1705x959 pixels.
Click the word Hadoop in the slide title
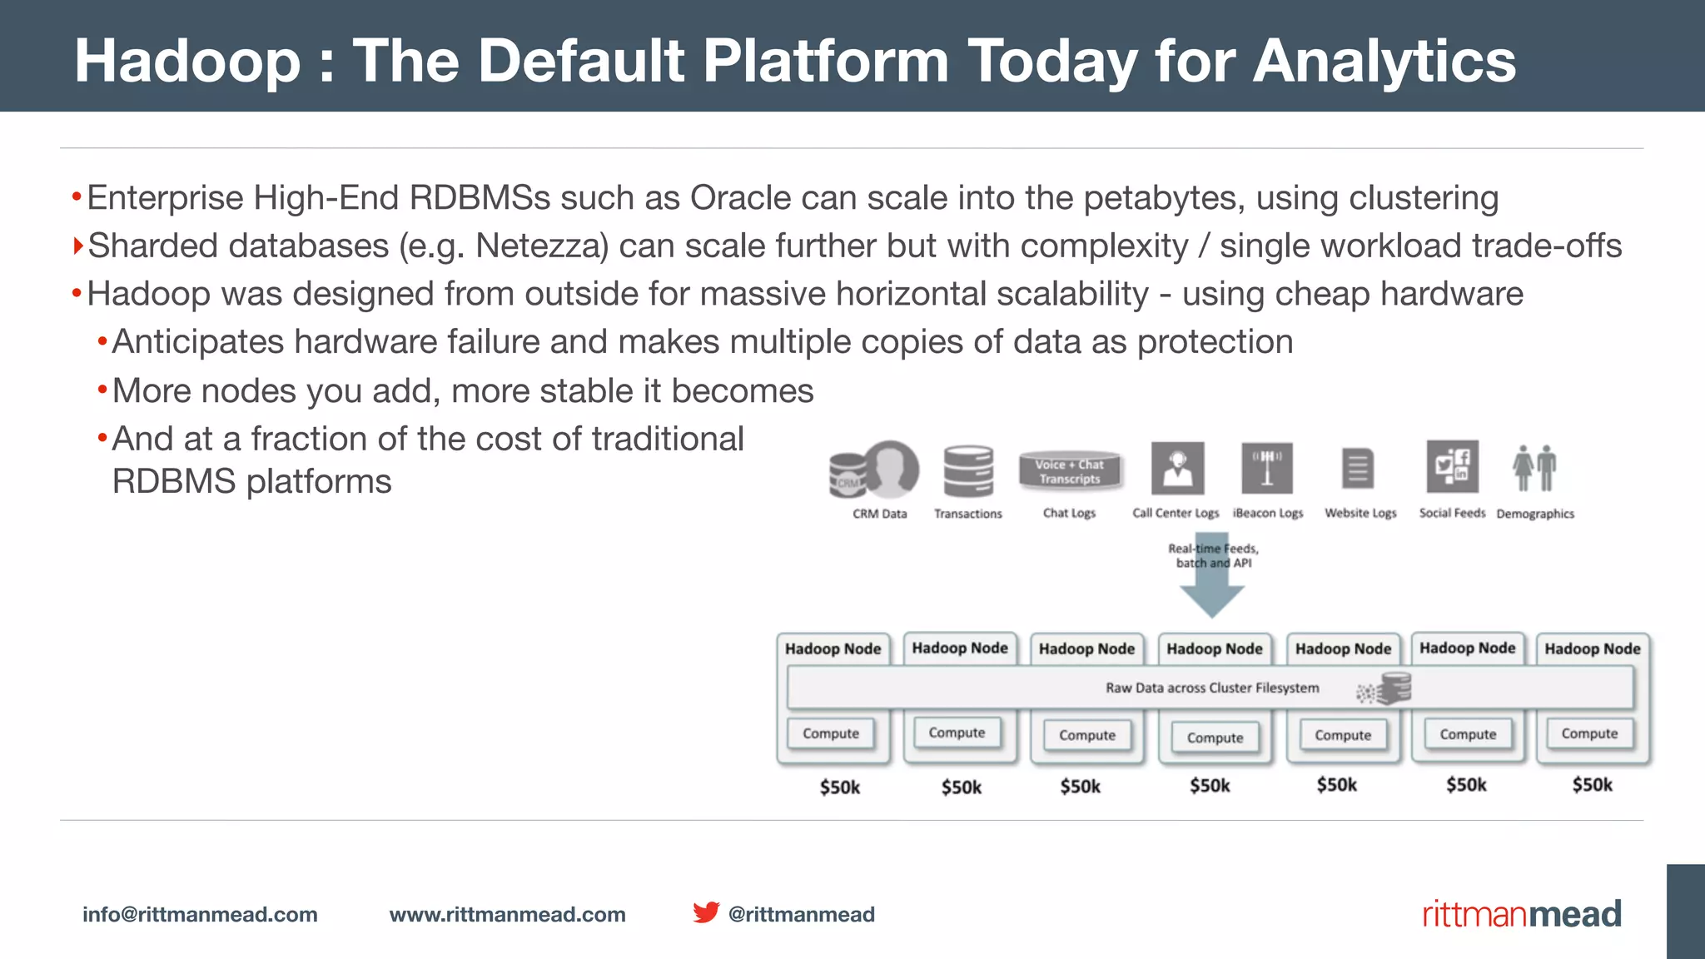(x=187, y=62)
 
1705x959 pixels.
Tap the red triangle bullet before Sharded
(x=77, y=246)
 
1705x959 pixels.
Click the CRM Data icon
(x=875, y=470)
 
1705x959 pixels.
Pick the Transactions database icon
(x=968, y=470)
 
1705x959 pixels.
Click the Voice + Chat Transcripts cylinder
(x=1070, y=471)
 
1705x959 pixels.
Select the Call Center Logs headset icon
(x=1177, y=469)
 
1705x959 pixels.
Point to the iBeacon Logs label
(x=1267, y=514)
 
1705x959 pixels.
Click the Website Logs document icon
(x=1358, y=469)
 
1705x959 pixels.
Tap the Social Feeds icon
(x=1452, y=467)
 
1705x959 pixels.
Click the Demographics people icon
(x=1534, y=468)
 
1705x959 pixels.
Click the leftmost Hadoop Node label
(x=833, y=648)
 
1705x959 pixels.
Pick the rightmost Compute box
(x=1589, y=733)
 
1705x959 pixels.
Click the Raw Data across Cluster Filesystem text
(x=1212, y=688)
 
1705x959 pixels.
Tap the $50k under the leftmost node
(x=839, y=787)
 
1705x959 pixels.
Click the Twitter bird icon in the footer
(x=706, y=912)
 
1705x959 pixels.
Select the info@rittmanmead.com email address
(x=200, y=914)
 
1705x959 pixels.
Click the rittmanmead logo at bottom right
(x=1521, y=914)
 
